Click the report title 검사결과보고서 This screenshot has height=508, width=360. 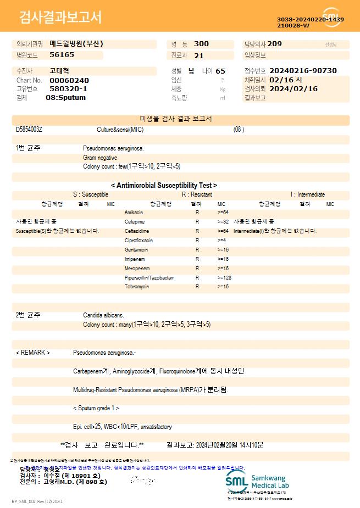point(60,18)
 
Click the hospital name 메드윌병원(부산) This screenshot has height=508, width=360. point(76,43)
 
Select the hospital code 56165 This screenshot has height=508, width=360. point(62,55)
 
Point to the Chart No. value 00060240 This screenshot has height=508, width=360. point(69,80)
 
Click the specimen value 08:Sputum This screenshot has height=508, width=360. point(65,98)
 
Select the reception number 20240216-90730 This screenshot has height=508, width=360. point(303,71)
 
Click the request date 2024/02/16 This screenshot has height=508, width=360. point(293,88)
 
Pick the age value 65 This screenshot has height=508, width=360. point(220,71)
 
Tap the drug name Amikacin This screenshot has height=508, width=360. point(134,212)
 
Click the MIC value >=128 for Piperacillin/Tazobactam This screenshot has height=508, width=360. point(224,278)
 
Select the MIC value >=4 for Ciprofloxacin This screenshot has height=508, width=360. point(222,241)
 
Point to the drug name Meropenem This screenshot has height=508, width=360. point(137,269)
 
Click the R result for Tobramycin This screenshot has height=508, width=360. point(197,287)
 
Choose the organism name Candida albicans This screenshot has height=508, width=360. point(103,315)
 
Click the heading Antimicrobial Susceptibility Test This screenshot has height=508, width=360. point(164,186)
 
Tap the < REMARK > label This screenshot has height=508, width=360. point(33,353)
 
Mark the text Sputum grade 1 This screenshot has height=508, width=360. point(96,408)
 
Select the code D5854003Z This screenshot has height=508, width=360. point(29,130)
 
